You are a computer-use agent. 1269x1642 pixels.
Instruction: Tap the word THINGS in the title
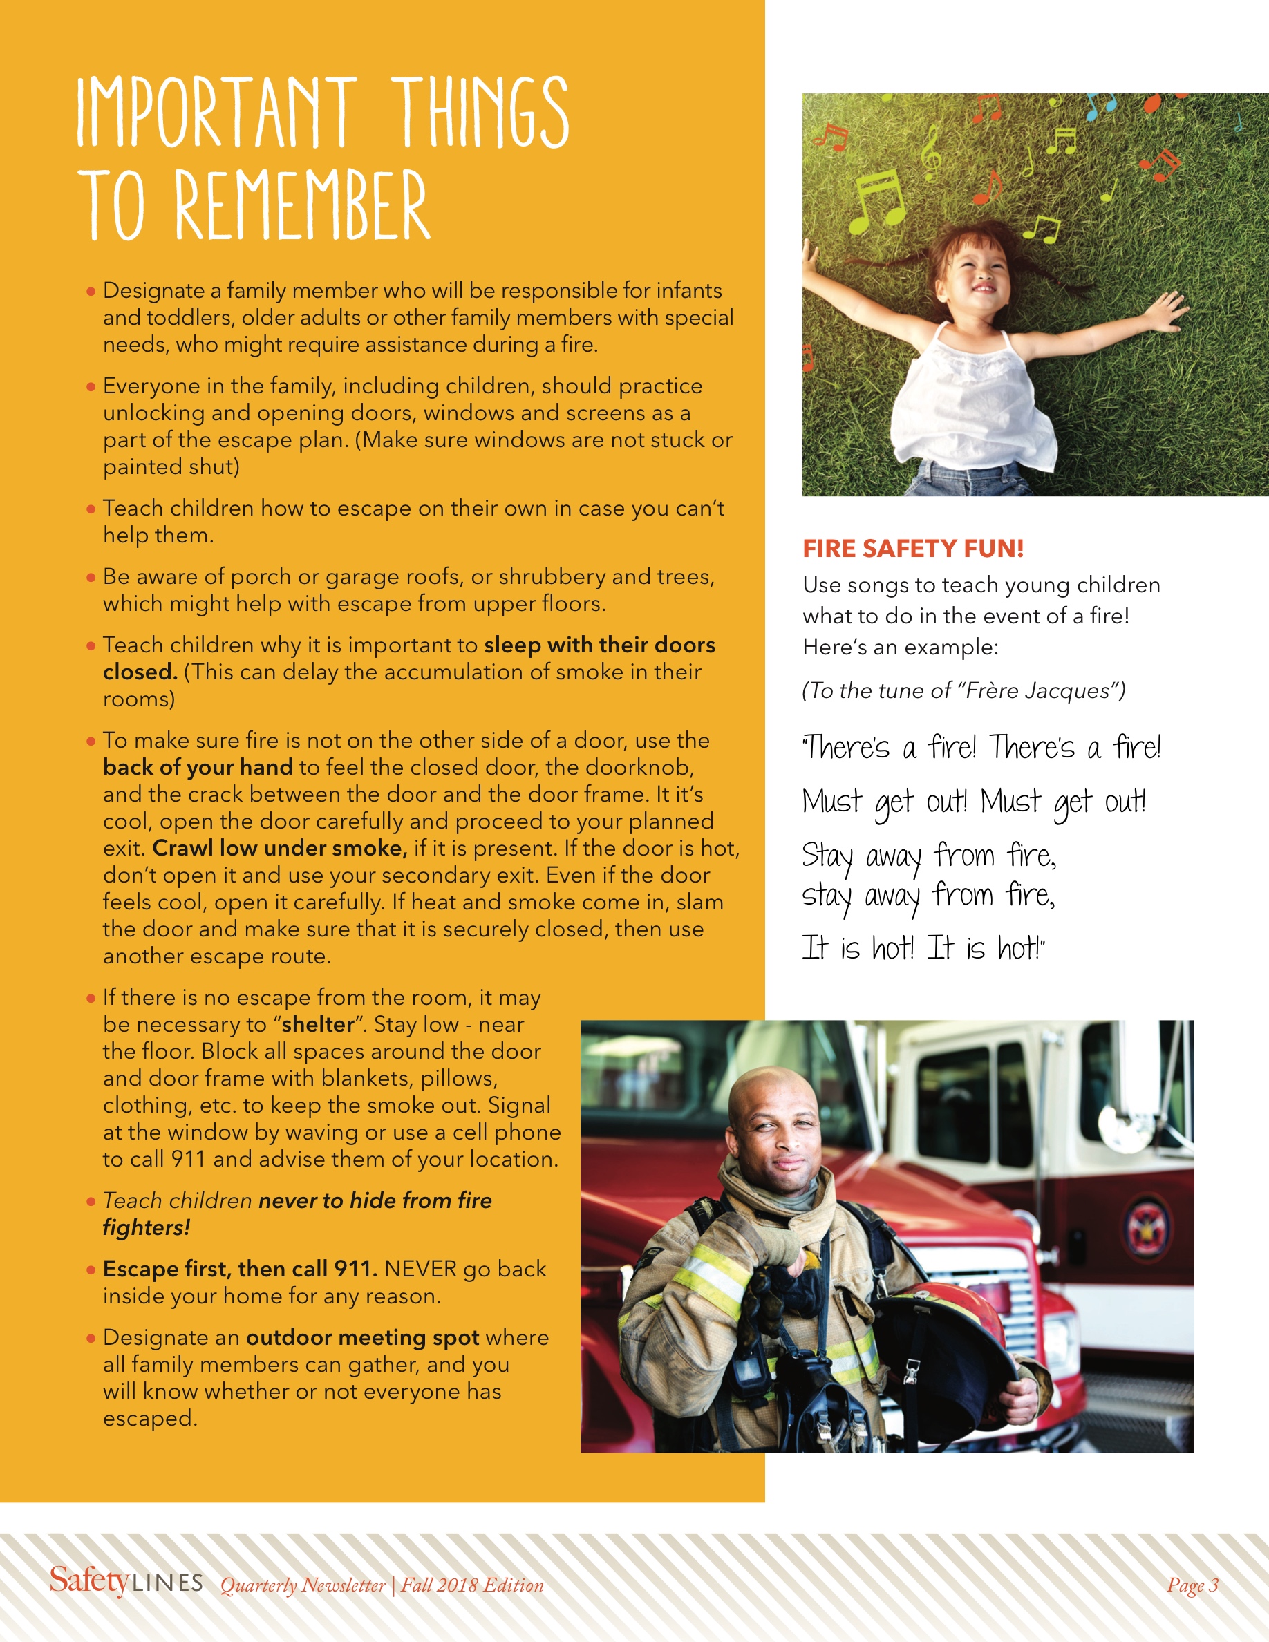480,113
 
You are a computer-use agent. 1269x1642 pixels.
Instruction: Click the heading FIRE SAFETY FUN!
912,549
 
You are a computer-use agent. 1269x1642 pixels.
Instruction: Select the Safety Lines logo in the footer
126,1582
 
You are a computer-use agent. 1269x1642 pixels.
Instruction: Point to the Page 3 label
1192,1585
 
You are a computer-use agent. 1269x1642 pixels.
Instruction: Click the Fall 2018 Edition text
472,1585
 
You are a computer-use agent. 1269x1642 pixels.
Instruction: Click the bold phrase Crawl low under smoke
280,848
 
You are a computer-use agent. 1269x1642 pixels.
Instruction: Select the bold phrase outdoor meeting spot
362,1337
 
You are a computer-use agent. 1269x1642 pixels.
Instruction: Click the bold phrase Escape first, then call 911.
240,1269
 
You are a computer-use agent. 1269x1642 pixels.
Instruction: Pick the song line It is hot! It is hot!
923,948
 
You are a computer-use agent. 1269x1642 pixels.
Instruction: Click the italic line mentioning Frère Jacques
963,690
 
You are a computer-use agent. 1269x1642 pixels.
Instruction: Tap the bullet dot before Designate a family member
91,291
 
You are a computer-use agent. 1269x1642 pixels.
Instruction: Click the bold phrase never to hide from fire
375,1200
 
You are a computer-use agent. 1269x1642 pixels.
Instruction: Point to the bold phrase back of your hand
198,767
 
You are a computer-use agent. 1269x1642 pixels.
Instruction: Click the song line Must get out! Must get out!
974,802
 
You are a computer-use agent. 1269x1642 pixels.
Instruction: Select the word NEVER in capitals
420,1269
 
